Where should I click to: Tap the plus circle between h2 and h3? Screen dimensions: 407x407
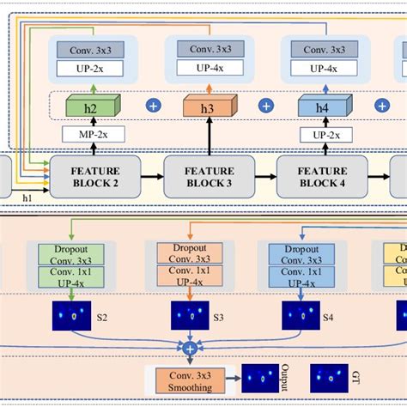click(154, 106)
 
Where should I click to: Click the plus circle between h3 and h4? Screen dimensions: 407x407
click(266, 106)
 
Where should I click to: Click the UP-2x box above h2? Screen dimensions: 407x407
click(90, 67)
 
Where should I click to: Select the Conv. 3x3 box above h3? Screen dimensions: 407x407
click(205, 49)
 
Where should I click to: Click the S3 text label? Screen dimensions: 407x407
click(218, 317)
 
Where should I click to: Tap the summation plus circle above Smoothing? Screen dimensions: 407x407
click(189, 348)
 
